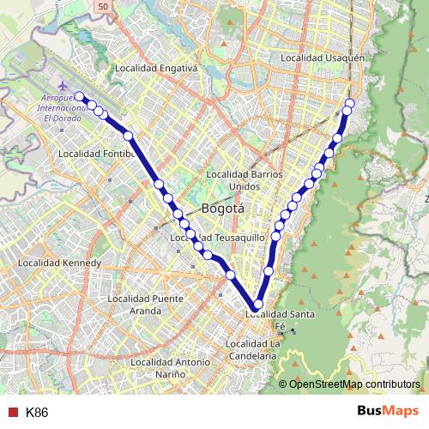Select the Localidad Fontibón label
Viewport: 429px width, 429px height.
[97, 154]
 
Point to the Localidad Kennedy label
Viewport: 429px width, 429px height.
[59, 263]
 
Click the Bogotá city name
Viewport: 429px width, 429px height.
[223, 208]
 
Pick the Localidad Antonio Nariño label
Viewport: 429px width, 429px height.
[170, 368]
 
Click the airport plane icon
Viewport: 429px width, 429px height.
[63, 87]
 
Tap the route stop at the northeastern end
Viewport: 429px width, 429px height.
[349, 105]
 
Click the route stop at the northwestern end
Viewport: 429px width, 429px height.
[79, 96]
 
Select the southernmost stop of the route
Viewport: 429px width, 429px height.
[257, 304]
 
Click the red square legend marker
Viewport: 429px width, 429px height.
[13, 412]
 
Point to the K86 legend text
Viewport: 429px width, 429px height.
[37, 413]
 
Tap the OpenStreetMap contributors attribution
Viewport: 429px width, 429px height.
[354, 384]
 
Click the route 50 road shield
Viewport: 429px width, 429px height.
[102, 6]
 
